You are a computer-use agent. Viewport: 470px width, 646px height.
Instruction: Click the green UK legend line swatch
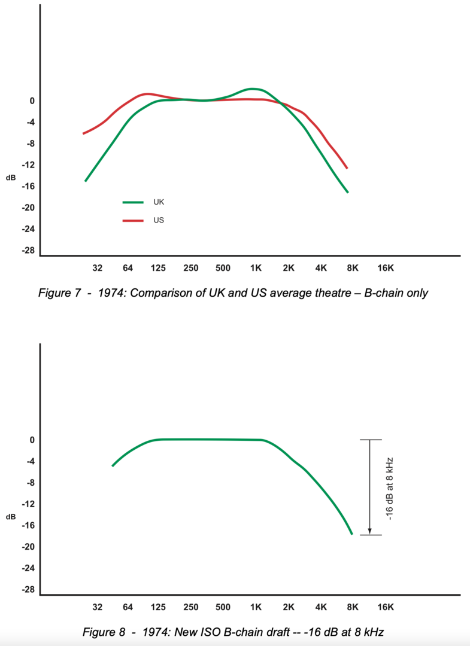[133, 203]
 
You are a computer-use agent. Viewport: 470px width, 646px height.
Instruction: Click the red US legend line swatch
[133, 221]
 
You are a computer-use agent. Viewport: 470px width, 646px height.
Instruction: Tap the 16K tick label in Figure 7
[386, 268]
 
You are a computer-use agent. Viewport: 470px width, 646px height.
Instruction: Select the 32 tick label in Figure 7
[98, 268]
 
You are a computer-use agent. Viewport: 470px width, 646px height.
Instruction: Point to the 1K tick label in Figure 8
[256, 607]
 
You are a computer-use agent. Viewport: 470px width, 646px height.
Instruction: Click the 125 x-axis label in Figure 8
[159, 607]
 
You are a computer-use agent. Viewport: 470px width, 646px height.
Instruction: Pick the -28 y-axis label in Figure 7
[28, 250]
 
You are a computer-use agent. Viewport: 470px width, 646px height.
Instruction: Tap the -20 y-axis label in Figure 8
[28, 547]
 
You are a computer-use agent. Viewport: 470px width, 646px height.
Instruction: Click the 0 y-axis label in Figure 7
[32, 101]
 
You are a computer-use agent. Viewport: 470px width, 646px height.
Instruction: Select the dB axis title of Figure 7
[11, 178]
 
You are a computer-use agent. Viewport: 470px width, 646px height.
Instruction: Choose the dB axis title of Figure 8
[11, 517]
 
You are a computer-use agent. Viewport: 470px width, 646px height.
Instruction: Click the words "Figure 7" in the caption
[59, 293]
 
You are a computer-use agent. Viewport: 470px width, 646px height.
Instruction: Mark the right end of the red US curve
[347, 168]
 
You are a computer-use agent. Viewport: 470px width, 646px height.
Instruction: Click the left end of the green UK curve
[86, 181]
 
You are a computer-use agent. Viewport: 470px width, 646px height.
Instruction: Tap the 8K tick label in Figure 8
[353, 607]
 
